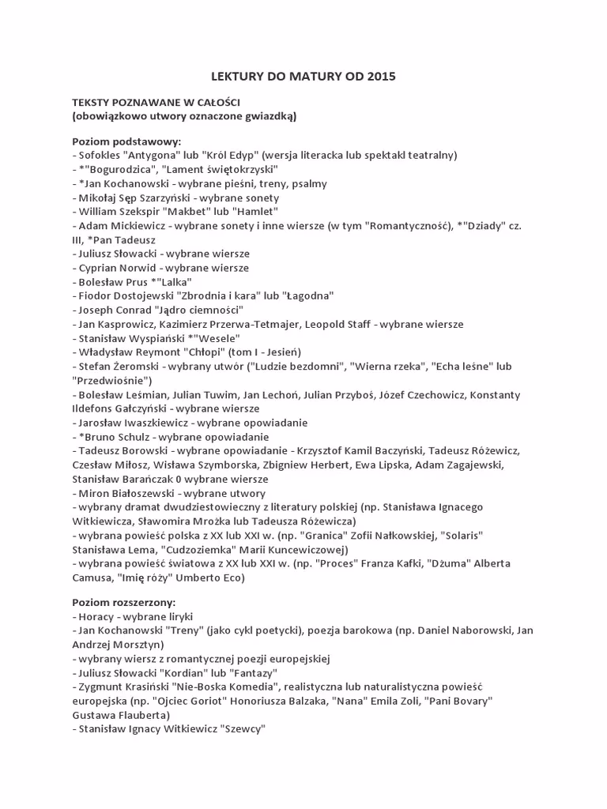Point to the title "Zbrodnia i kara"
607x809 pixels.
tap(205, 295)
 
